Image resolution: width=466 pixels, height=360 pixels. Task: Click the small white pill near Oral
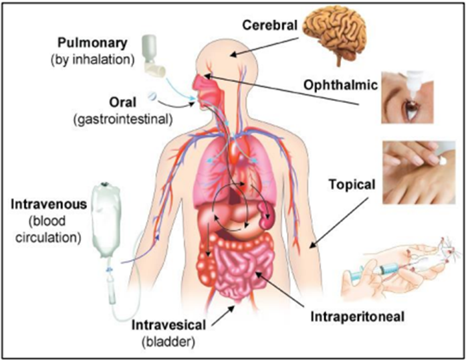coord(153,96)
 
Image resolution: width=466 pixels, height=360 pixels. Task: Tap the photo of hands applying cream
coord(417,173)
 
